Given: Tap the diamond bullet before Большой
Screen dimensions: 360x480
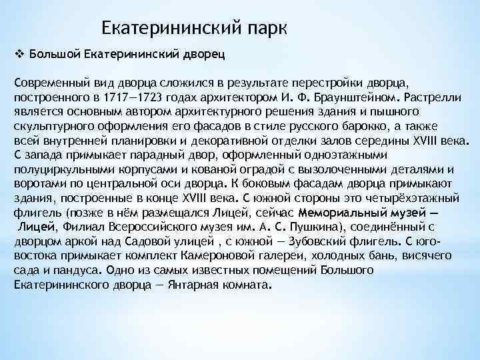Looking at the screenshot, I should pyautogui.click(x=18, y=53).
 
